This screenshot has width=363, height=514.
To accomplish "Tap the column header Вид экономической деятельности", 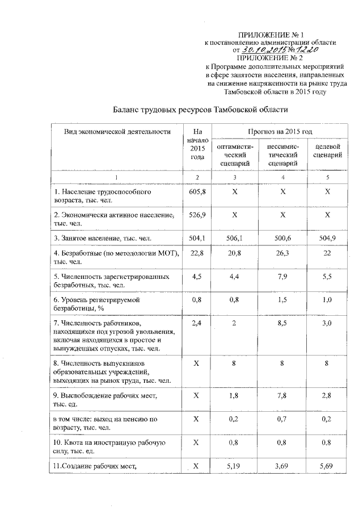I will point(117,132).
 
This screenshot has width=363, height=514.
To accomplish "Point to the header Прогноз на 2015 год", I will point(280,132).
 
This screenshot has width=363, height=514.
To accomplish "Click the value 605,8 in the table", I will point(197,193).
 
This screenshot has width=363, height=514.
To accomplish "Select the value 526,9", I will point(197,216).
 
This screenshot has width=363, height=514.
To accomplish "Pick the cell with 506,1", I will point(234,238).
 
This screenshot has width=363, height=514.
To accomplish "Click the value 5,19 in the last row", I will point(234,466).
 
